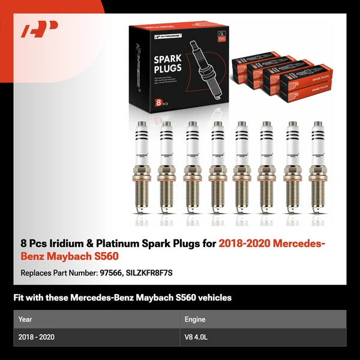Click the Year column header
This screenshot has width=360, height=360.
(x=25, y=319)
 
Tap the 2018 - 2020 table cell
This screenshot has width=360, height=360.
(x=37, y=337)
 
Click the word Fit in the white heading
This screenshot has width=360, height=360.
(x=19, y=298)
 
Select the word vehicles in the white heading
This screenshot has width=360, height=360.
(x=214, y=298)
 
